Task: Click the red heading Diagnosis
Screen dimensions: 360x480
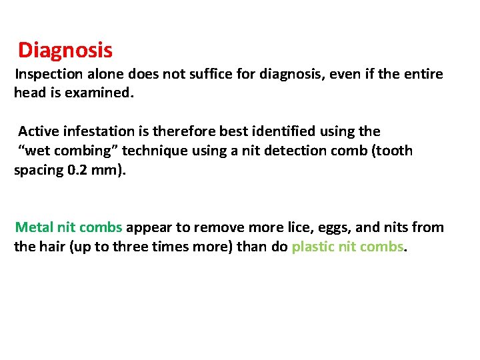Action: (x=65, y=51)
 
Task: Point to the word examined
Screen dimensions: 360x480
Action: (x=100, y=93)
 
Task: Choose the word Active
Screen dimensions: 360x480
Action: (x=37, y=131)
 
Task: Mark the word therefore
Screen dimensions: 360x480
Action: (x=177, y=131)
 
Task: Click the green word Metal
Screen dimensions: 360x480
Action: (x=34, y=227)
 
